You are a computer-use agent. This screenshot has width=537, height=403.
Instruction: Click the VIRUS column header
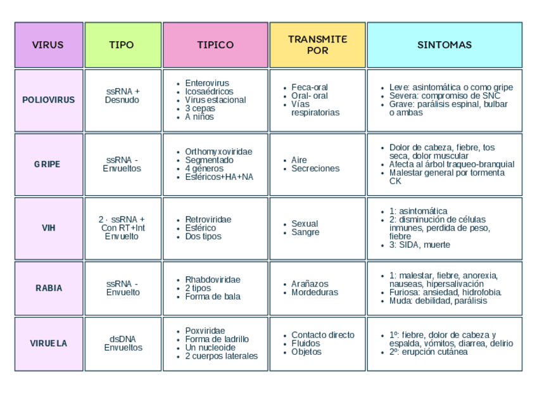(48, 45)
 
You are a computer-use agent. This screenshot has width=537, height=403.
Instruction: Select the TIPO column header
(122, 45)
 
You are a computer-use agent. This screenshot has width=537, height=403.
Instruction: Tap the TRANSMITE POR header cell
(317, 44)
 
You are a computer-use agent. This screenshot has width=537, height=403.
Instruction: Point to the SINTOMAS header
(445, 45)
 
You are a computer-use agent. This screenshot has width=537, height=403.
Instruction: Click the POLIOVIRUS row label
(48, 100)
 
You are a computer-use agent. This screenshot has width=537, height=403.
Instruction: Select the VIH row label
(48, 228)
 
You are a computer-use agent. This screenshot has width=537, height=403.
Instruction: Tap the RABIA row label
(49, 288)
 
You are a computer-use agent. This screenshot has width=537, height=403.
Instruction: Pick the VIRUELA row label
(48, 343)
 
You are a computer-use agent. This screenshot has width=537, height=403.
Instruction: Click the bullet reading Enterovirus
(207, 83)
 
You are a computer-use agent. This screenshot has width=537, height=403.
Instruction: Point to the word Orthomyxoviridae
(218, 151)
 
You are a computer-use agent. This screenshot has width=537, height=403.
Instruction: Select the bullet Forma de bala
(213, 297)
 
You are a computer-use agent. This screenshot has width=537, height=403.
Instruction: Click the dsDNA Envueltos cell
(123, 343)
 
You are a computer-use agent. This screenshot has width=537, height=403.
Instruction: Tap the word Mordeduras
(315, 293)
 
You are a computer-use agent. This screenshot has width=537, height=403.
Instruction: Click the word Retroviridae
(208, 219)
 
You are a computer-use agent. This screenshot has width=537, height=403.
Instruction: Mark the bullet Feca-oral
(310, 87)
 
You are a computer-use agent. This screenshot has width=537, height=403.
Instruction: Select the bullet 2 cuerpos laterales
(222, 356)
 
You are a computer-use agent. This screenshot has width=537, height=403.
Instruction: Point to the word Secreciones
(315, 169)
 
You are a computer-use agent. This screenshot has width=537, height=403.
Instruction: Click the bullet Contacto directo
(323, 335)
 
